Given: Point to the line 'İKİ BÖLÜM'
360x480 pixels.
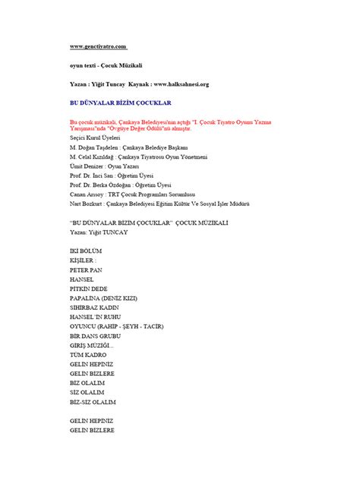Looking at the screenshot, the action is (85, 250).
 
